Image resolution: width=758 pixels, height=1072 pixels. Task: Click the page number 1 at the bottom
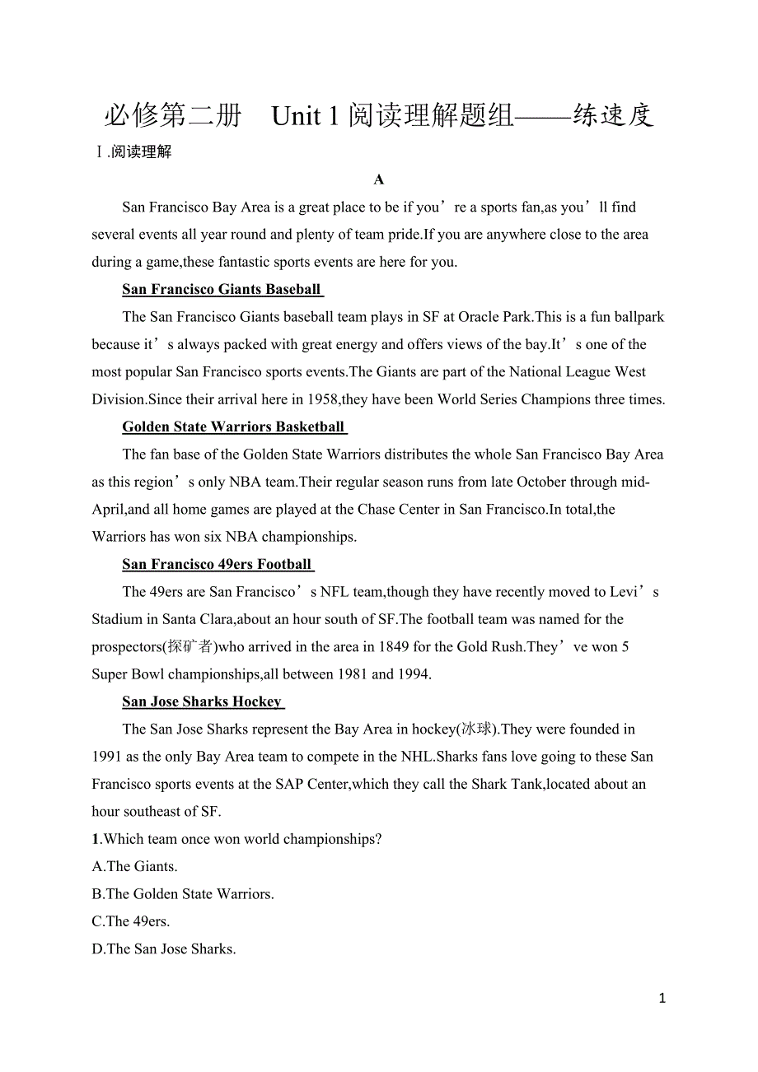click(x=662, y=999)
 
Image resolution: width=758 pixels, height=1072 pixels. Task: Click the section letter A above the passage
click(x=379, y=179)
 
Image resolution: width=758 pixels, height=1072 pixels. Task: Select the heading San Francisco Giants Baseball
click(x=222, y=289)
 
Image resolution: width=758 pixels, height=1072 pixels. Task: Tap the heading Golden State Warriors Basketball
click(x=234, y=426)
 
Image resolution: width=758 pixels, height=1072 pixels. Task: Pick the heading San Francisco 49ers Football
click(x=218, y=564)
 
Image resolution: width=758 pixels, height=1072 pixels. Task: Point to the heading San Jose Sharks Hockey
click(x=202, y=701)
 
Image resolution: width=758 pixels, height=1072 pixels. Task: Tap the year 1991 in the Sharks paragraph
click(x=107, y=757)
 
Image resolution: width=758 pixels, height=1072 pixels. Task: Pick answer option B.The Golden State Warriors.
click(x=183, y=893)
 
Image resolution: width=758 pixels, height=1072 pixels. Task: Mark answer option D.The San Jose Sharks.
click(x=164, y=948)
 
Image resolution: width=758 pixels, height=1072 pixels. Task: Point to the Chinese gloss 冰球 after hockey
click(x=477, y=729)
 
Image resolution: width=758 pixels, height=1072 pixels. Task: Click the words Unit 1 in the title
click(x=305, y=116)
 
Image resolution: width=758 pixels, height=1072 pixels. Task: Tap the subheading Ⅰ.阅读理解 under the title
click(x=134, y=151)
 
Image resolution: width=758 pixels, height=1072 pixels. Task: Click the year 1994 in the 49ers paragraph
click(x=413, y=674)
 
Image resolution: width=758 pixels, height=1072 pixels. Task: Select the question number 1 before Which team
click(x=96, y=839)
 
